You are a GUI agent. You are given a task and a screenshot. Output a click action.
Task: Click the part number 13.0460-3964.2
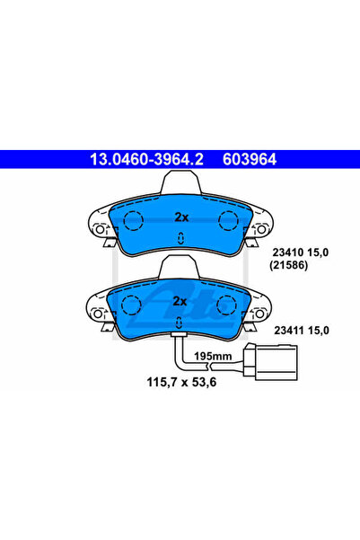[x=146, y=159]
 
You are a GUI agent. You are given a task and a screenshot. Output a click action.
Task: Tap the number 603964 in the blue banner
[x=250, y=159]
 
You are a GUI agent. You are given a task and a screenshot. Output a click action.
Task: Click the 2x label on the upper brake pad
[x=181, y=217]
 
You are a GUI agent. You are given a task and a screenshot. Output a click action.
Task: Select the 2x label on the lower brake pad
[x=180, y=301]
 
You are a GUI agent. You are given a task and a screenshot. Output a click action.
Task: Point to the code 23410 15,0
[x=301, y=252]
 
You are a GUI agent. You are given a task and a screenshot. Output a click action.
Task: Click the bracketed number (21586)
[x=288, y=265]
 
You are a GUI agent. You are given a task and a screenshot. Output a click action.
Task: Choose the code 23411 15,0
[x=302, y=331]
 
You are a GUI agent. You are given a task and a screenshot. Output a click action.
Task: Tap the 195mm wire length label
[x=213, y=356]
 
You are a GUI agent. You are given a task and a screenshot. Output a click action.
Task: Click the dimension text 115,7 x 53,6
[x=181, y=382]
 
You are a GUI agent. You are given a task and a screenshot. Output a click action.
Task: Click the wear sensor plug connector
[x=270, y=362]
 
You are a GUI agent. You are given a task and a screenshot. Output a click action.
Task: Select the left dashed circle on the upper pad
[x=133, y=220]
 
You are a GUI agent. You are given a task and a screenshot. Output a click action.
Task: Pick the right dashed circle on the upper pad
[x=228, y=220]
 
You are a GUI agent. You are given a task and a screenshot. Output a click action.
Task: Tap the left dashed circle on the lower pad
[x=131, y=305]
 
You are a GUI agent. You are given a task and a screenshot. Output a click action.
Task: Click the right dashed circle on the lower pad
[x=226, y=305]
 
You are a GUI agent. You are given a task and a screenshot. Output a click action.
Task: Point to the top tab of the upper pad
[x=181, y=182]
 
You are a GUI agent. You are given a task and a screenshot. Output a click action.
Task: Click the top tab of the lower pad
[x=180, y=267]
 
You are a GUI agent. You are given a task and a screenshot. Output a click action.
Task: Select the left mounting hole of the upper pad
[x=100, y=229]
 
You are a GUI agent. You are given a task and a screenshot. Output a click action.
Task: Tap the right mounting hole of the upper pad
[x=261, y=229]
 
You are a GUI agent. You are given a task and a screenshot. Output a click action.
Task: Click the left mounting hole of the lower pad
[x=98, y=314]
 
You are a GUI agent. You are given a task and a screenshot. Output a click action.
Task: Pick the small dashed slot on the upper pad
[x=180, y=238]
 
